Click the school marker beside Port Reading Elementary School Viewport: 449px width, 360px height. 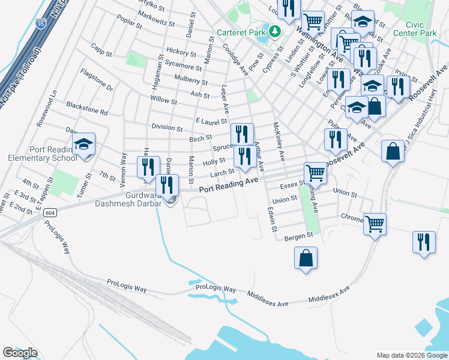[84, 144]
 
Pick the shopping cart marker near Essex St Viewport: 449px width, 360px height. [315, 173]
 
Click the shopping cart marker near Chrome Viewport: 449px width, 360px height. [375, 224]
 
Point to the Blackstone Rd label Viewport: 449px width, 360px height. [87, 108]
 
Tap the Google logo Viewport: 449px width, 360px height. [20, 353]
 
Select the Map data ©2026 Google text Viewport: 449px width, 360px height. [411, 355]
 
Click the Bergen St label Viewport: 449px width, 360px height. [300, 236]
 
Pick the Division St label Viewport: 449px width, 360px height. [167, 128]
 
